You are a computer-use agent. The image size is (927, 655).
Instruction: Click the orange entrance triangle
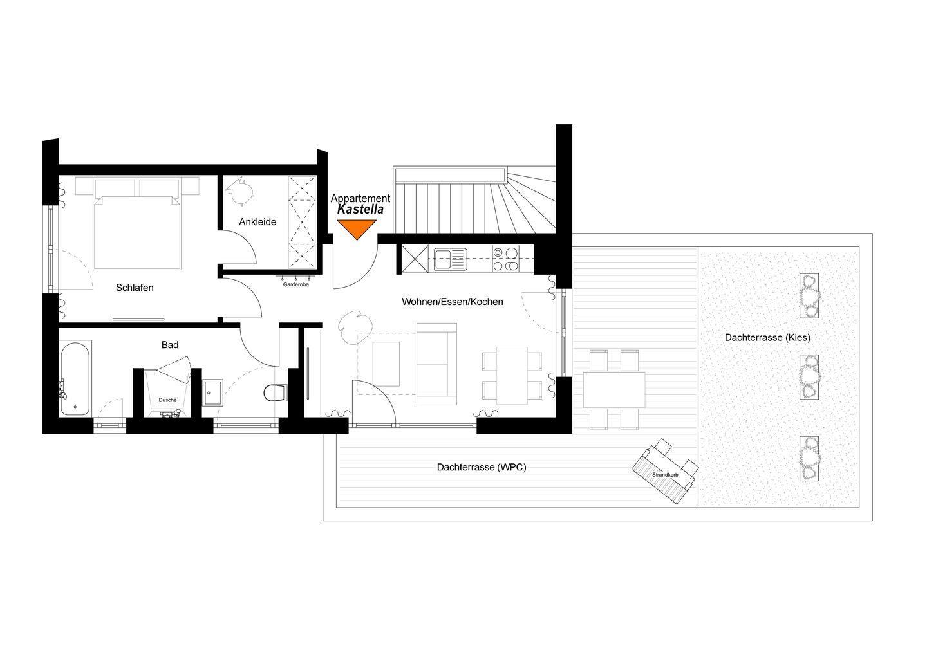coord(357,228)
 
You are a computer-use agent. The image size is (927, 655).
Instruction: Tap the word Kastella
coord(360,209)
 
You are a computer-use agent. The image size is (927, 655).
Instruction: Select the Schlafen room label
coord(135,288)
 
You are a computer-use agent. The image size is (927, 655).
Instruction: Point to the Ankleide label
coord(257,222)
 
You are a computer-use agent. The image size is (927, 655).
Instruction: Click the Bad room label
coord(170,345)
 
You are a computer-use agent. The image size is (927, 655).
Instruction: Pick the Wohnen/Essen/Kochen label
coord(453,302)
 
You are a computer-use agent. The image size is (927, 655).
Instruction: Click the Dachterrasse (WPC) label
coord(482,467)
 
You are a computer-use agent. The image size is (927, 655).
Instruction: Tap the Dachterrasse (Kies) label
coord(767,337)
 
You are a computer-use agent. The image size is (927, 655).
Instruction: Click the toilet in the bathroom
coord(276,393)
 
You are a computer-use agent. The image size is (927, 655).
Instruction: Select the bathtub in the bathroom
coord(75,378)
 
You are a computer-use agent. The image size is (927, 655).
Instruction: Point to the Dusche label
coord(167,400)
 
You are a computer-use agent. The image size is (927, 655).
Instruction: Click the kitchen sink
coord(450,260)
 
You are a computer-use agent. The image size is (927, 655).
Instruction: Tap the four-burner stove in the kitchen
coord(505,259)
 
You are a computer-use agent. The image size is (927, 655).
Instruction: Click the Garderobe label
coord(296,284)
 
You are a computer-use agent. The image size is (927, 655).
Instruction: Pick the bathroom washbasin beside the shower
coord(213,393)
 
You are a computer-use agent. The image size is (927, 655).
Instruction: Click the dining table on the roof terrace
coord(614,389)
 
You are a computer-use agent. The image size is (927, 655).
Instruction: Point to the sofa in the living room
coord(436,364)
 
